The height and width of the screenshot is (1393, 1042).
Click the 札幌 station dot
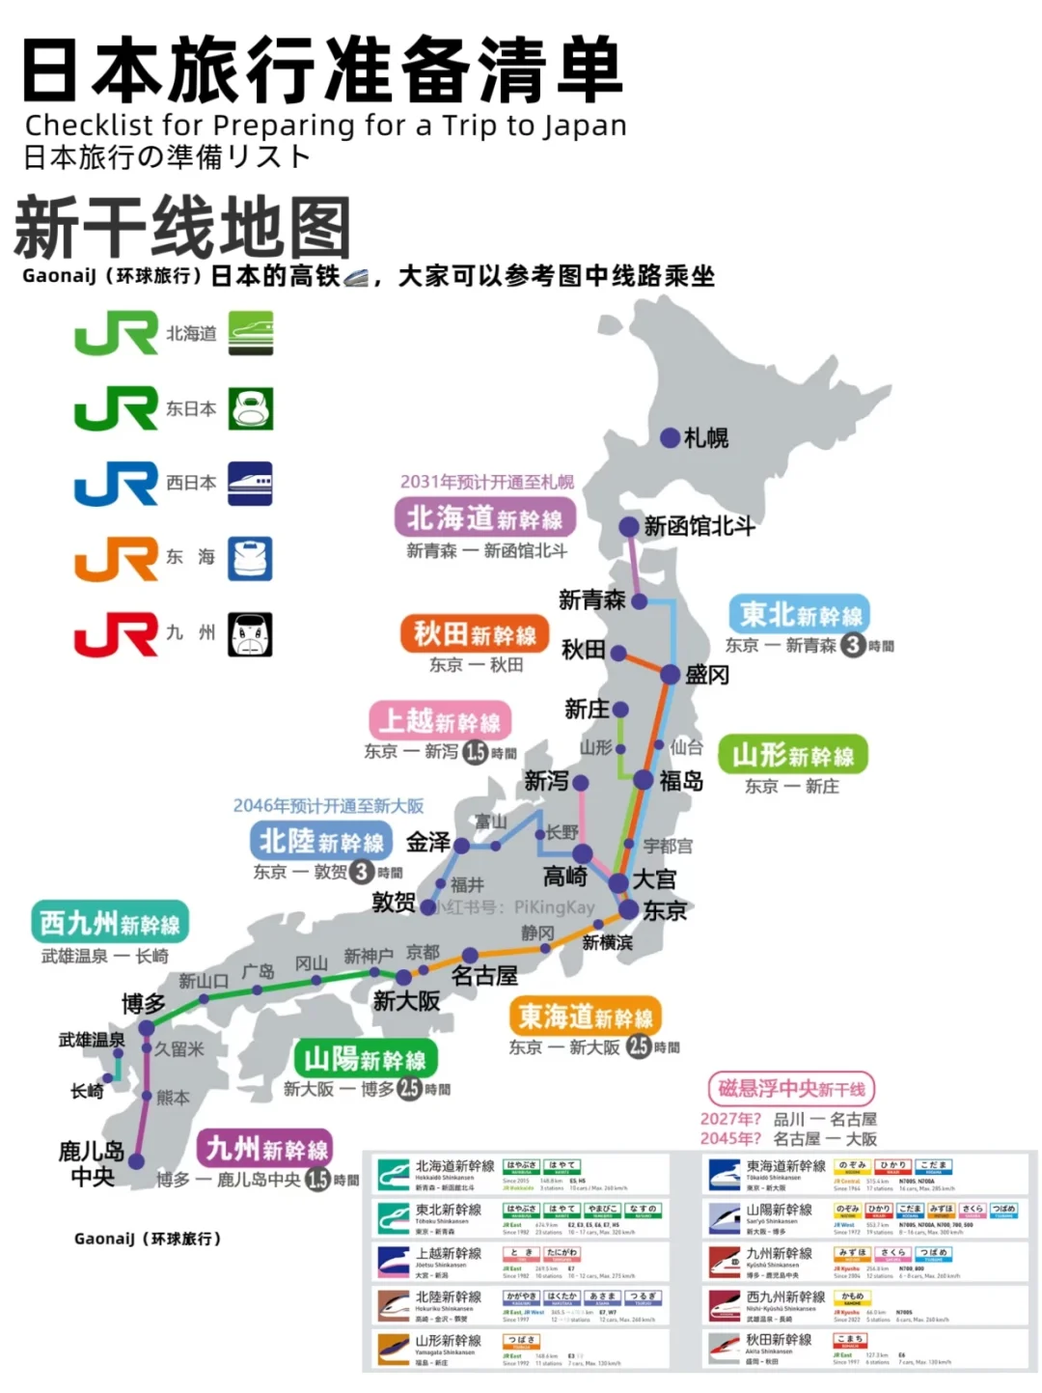(x=670, y=438)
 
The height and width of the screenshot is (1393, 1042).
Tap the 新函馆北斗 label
(x=699, y=526)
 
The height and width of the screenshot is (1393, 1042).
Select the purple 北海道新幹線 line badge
(x=484, y=518)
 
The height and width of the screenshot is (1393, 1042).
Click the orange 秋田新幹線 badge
(x=475, y=634)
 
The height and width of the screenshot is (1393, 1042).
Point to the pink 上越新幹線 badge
(x=439, y=721)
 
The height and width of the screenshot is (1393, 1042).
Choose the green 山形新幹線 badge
(x=793, y=755)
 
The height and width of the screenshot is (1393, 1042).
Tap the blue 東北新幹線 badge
(x=800, y=615)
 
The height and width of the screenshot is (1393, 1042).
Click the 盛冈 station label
(x=707, y=675)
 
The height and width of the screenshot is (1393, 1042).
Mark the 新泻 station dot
(x=581, y=781)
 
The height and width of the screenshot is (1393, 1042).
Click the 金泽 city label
(x=428, y=843)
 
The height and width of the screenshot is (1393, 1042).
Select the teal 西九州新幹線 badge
(x=110, y=924)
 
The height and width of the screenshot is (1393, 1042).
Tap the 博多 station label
(x=143, y=1005)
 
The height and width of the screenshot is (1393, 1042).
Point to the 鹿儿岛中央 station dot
(x=136, y=1161)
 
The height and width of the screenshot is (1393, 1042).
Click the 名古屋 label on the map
(x=484, y=976)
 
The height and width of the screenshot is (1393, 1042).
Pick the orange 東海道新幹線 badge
(x=585, y=1017)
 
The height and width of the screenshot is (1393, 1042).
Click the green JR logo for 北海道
(x=116, y=334)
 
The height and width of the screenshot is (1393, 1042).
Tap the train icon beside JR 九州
(x=251, y=634)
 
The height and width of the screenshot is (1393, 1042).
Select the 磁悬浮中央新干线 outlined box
(x=791, y=1089)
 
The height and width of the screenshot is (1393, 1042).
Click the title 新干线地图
(x=182, y=228)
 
